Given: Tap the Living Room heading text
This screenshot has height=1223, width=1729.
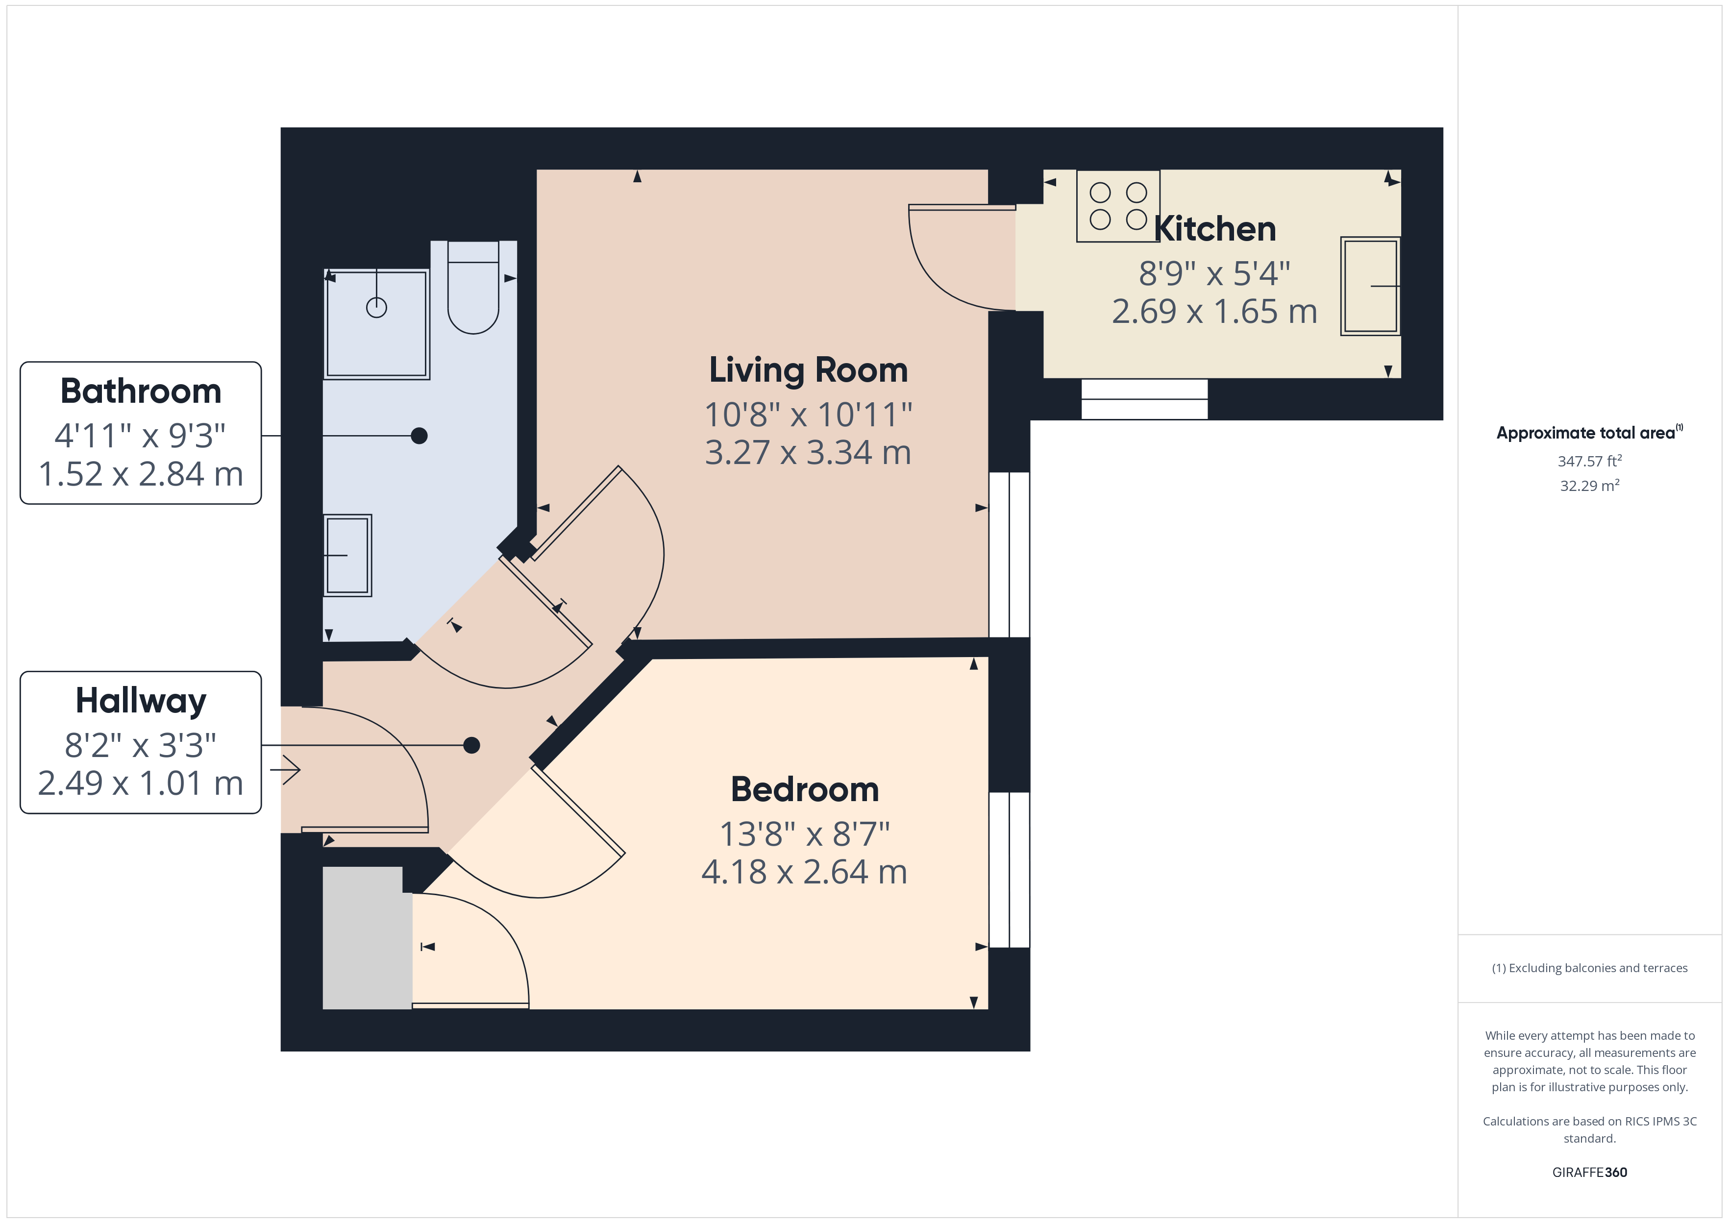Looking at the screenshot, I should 808,370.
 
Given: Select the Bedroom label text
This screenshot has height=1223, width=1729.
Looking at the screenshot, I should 804,789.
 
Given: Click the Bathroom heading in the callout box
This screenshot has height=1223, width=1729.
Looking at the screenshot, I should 141,391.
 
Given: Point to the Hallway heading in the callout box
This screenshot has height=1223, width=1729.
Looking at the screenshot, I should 141,700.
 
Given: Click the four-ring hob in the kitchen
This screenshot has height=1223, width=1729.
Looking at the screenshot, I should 1117,206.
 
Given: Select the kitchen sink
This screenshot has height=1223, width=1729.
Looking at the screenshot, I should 1370,286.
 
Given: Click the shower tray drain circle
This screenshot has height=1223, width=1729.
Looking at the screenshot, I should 376,307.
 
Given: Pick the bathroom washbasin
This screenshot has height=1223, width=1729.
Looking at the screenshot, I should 347,555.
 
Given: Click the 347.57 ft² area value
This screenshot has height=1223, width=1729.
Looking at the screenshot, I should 1589,461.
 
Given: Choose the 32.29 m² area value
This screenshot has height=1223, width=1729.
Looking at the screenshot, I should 1589,486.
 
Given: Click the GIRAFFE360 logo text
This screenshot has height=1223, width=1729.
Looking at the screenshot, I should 1589,1172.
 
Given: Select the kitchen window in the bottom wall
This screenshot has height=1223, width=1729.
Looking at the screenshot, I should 1144,399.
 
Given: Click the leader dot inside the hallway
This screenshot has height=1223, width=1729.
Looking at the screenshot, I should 471,746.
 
